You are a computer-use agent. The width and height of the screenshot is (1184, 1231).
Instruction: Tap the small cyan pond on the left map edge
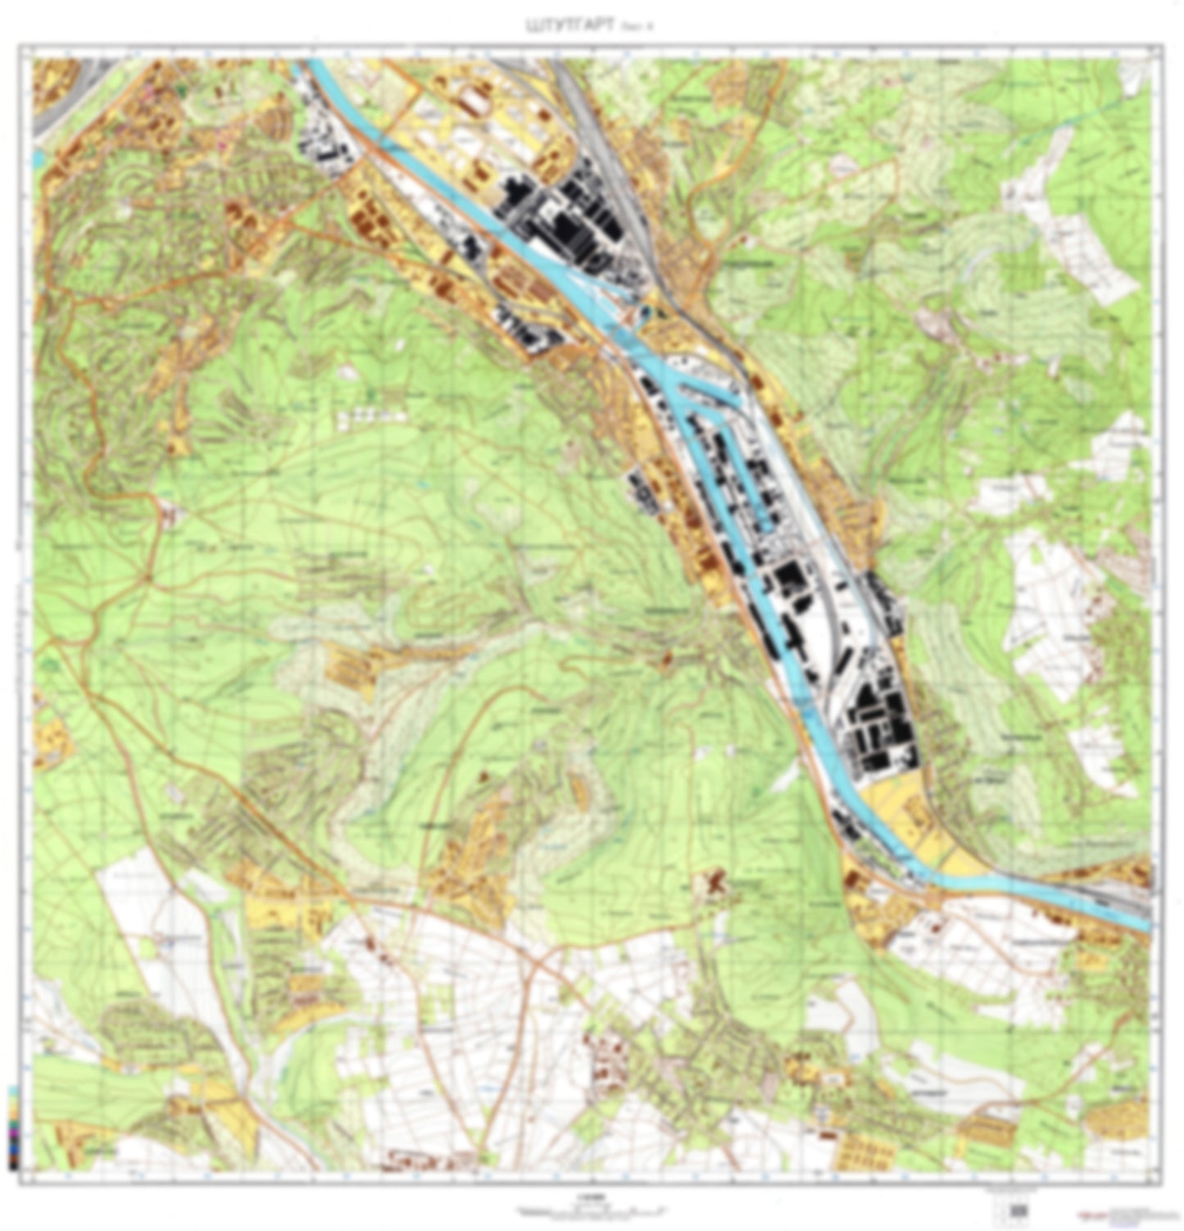tap(38, 157)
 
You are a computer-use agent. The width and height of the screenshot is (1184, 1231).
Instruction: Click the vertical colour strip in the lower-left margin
tap(11, 1127)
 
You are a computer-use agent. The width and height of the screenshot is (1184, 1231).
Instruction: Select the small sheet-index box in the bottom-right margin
tap(1018, 1210)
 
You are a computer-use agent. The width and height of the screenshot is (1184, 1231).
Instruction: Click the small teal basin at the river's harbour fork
tap(646, 312)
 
